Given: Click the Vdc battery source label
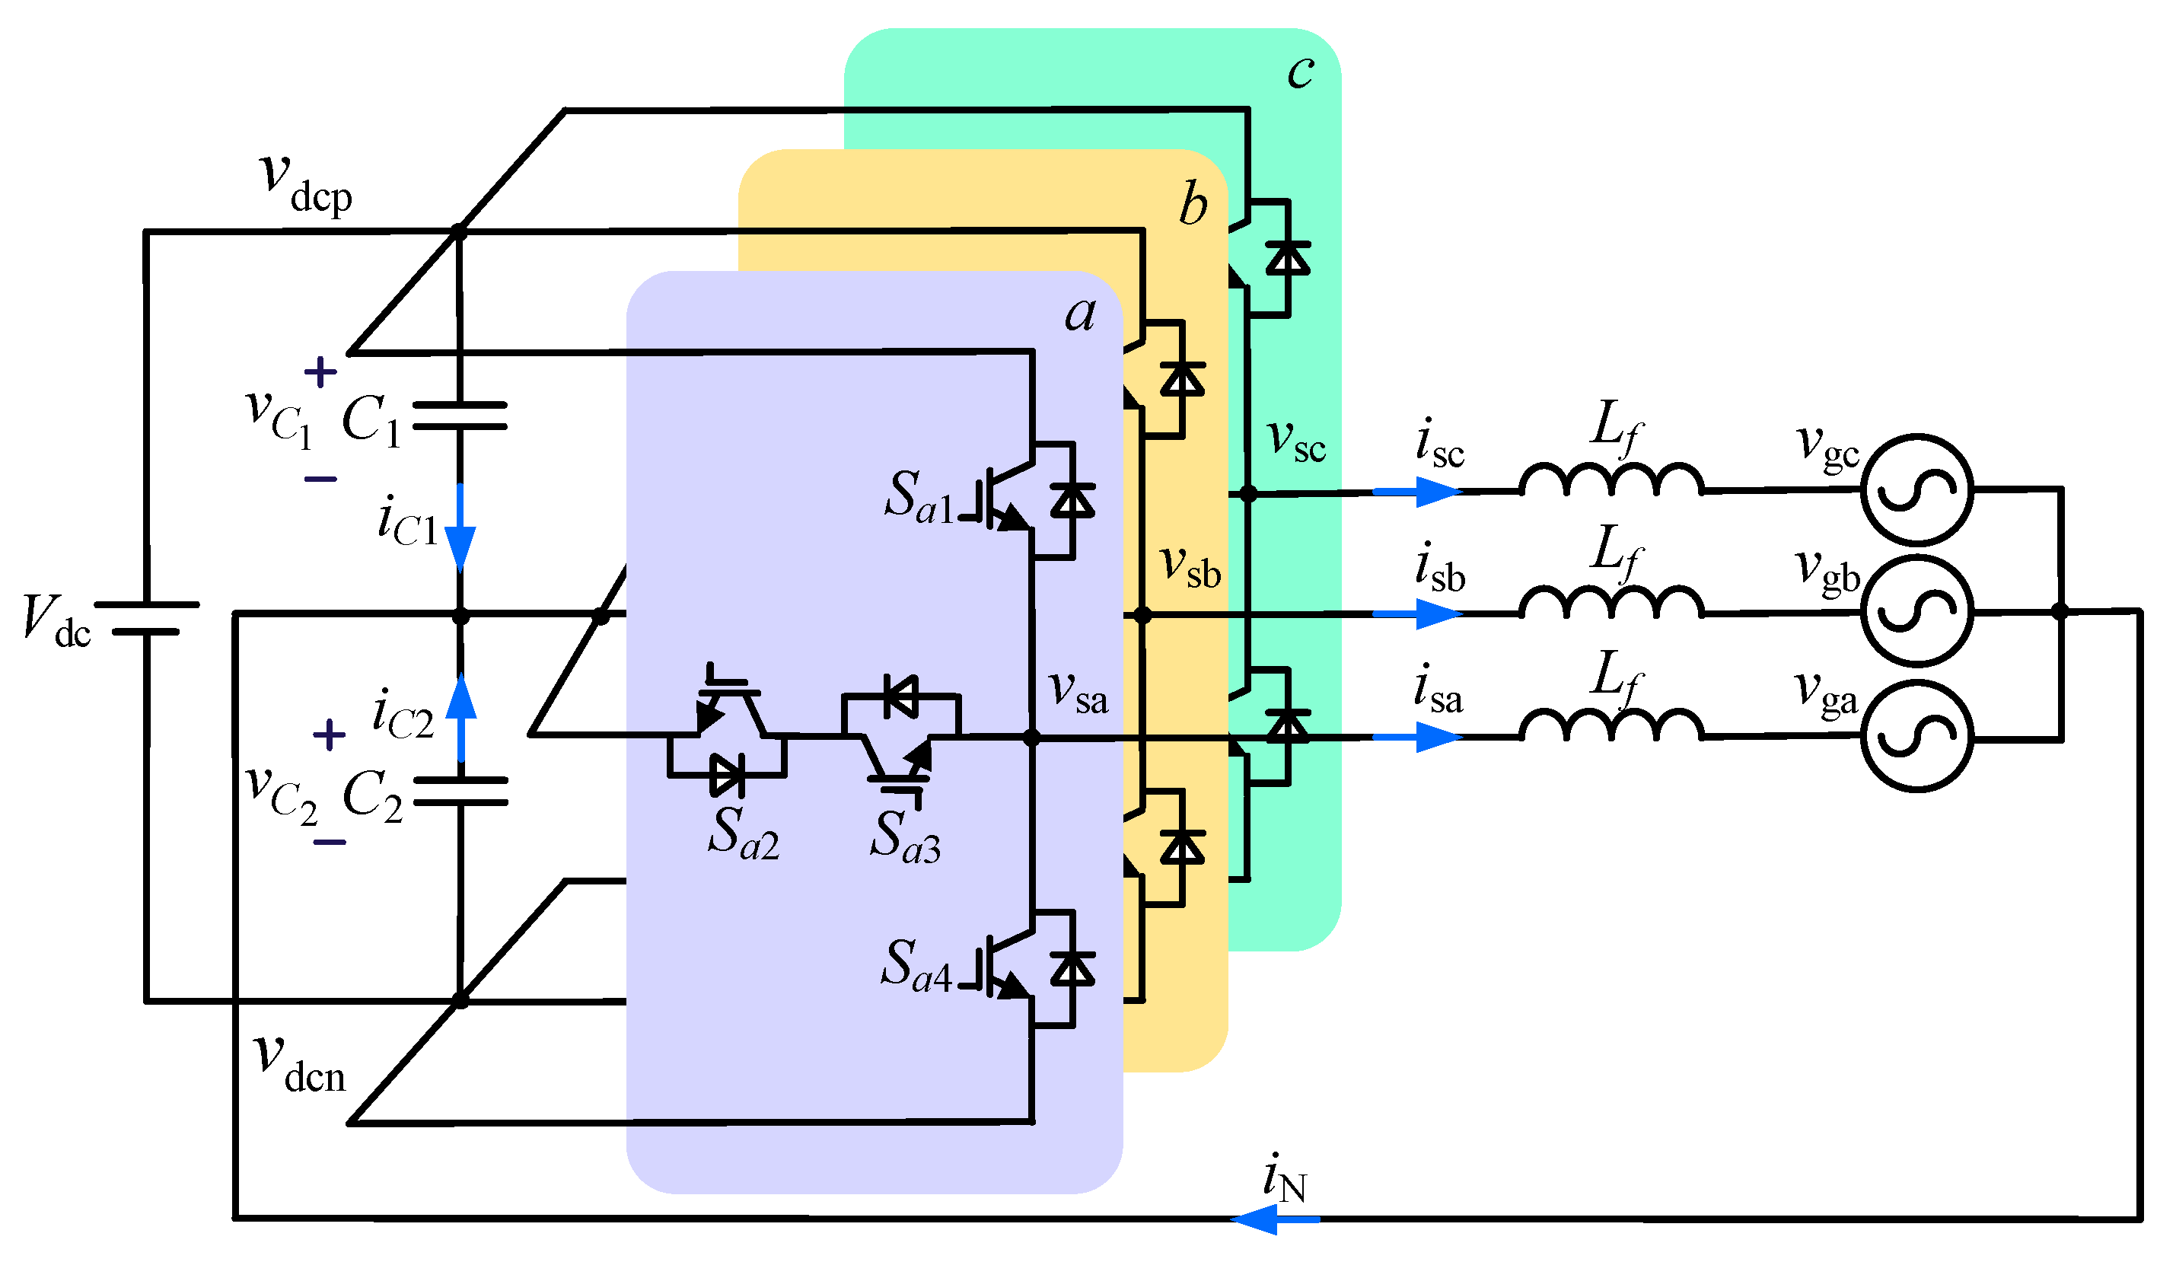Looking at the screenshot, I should [x=56, y=621].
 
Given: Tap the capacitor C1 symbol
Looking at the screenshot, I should [x=460, y=416].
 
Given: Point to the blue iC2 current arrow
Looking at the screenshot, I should [x=461, y=717].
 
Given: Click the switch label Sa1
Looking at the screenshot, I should [x=919, y=499].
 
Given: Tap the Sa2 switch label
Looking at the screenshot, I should [x=744, y=833].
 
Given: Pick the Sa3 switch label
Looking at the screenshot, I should [x=905, y=837].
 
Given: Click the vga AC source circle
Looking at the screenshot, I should [x=1916, y=736].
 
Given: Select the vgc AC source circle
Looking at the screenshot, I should [x=1916, y=489].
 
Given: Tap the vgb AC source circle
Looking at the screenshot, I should [x=1916, y=611].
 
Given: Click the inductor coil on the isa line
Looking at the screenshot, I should [x=1610, y=725].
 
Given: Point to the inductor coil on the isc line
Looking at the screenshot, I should [x=1610, y=480].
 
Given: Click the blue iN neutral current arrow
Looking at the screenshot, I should [x=1276, y=1219].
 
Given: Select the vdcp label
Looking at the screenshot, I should [x=306, y=183].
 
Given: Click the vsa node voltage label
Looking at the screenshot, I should [x=1078, y=693].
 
